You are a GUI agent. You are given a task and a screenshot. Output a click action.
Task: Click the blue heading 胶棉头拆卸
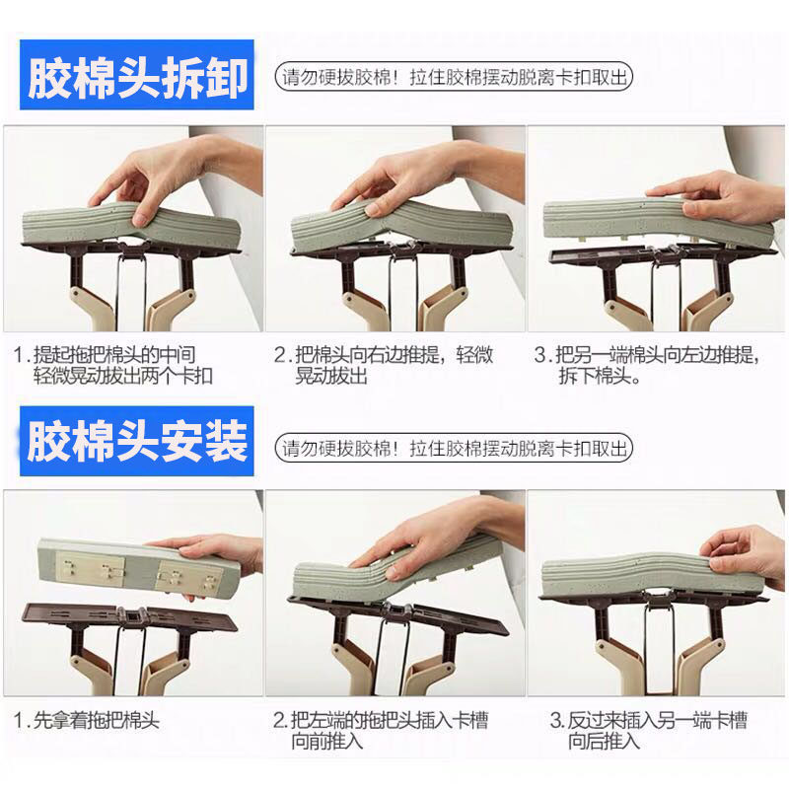(137, 75)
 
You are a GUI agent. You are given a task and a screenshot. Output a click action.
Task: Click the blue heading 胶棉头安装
(137, 441)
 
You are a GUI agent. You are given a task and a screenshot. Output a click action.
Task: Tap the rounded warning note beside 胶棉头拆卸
(454, 77)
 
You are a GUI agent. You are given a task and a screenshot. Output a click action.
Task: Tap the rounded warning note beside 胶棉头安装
(454, 448)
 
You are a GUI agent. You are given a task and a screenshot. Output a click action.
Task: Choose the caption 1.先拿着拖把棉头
(87, 721)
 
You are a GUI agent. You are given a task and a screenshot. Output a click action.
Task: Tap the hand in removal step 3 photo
(720, 200)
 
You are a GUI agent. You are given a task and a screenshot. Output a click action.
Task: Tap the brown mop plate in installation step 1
(130, 618)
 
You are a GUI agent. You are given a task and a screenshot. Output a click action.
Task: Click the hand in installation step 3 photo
(745, 556)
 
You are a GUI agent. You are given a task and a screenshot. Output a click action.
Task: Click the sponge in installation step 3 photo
(649, 578)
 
